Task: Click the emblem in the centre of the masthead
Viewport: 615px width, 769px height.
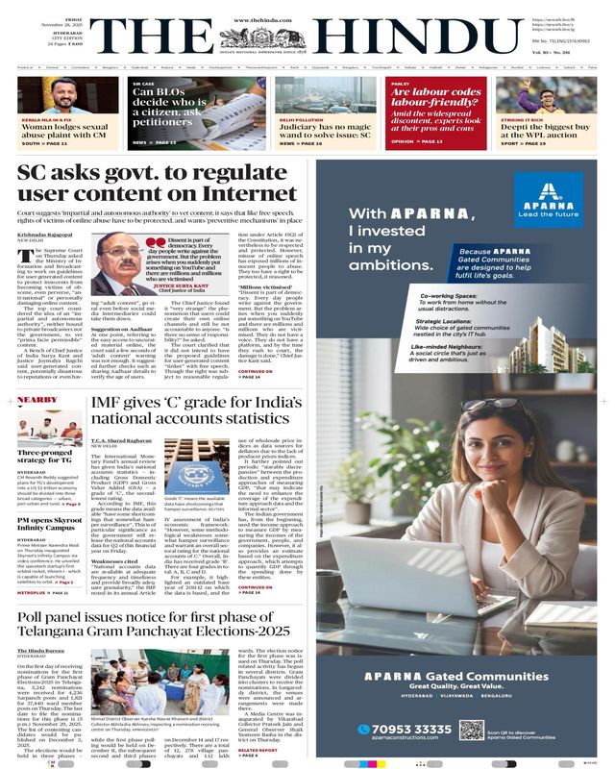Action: [x=307, y=32]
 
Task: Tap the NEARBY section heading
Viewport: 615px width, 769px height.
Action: [x=37, y=398]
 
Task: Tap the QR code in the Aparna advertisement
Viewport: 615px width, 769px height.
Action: [x=471, y=730]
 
